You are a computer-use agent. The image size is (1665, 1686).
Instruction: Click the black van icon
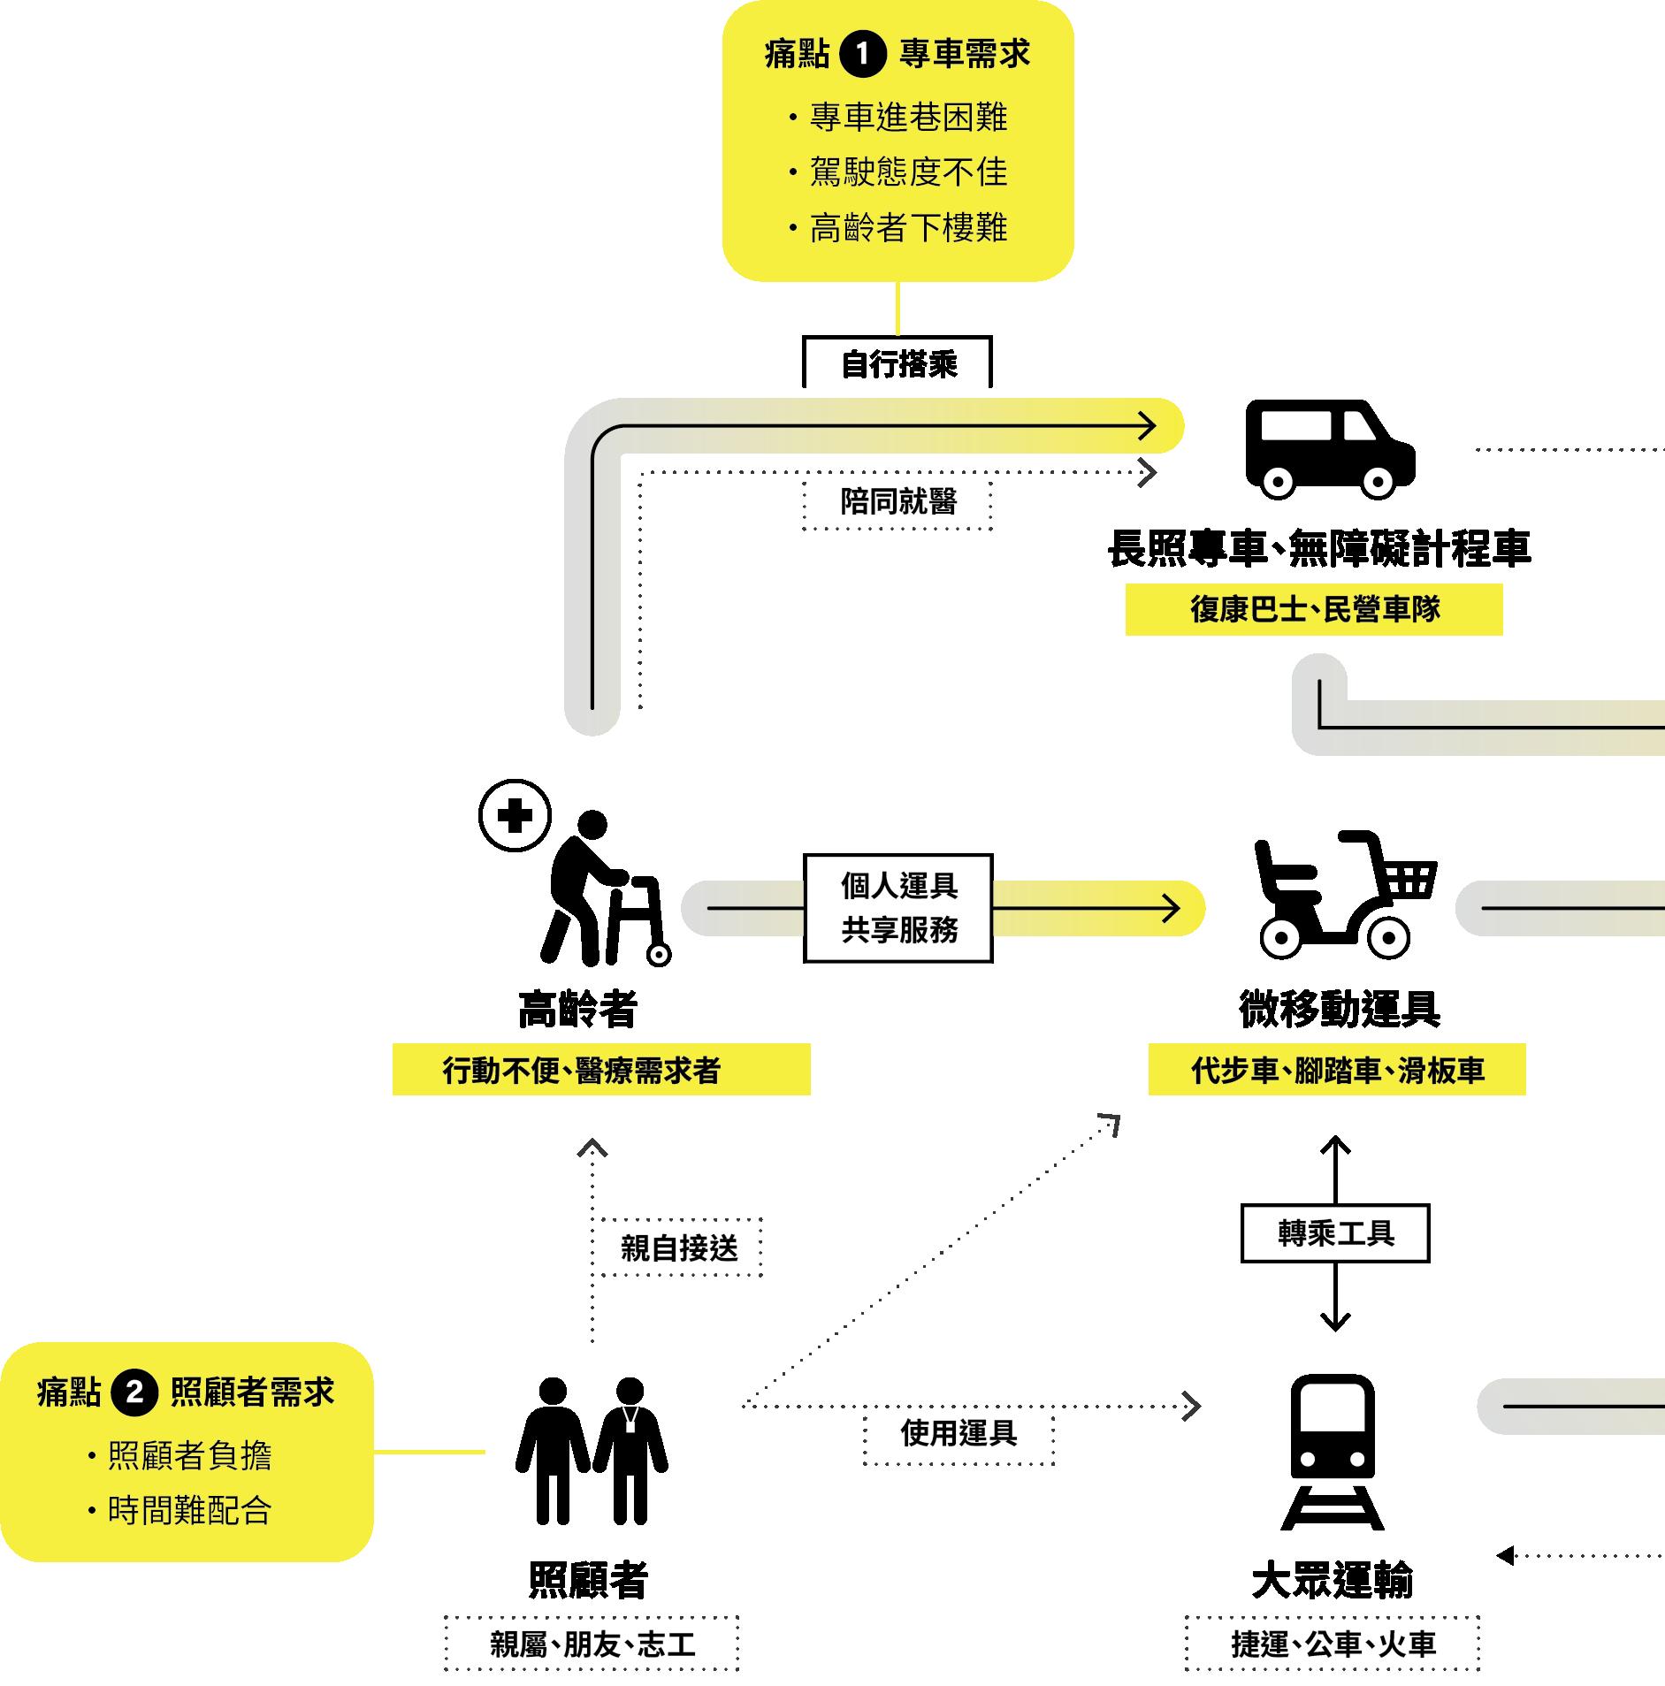(1329, 448)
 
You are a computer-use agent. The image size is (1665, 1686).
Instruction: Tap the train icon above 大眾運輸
(1333, 1450)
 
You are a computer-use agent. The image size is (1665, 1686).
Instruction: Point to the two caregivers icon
(592, 1450)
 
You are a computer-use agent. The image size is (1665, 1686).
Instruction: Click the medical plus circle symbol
(515, 815)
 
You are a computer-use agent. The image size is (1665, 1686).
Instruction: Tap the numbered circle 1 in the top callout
(862, 55)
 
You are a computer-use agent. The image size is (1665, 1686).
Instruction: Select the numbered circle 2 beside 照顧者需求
(134, 1392)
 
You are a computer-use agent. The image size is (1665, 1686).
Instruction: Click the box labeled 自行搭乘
(897, 363)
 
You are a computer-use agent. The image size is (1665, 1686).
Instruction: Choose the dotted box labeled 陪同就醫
(897, 502)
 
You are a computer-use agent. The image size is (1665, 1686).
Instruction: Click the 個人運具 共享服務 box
(897, 908)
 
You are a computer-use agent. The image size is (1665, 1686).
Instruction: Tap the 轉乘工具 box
(1335, 1233)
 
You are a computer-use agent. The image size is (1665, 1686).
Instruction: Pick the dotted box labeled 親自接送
(679, 1247)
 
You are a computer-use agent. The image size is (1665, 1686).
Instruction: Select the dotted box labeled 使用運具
(959, 1432)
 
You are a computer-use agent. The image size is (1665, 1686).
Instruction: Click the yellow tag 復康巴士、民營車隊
(1314, 609)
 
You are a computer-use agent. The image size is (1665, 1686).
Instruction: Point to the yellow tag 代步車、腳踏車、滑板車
(1336, 1070)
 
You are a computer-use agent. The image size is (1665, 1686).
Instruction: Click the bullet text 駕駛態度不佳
(908, 172)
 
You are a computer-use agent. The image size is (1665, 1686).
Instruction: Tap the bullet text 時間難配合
(189, 1510)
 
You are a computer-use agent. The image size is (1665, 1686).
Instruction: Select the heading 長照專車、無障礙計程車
(1318, 548)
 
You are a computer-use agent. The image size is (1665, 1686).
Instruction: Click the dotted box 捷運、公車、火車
(1333, 1644)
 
